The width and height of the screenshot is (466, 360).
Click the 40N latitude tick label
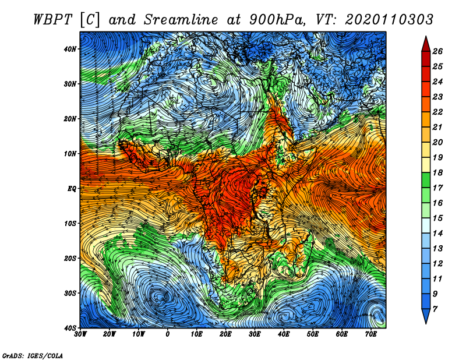pos(70,49)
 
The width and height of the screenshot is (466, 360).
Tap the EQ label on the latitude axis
pos(72,189)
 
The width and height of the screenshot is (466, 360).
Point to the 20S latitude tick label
pos(70,258)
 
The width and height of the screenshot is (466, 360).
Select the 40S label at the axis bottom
pos(70,328)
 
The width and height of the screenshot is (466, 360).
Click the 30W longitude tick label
pos(80,334)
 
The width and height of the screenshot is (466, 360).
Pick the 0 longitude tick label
pos(168,334)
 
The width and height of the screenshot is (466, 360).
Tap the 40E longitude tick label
pos(284,334)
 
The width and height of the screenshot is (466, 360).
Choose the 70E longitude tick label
pos(370,334)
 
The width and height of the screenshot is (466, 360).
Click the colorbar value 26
pos(437,51)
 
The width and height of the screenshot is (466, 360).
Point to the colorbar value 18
pos(437,172)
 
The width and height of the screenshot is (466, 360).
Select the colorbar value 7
pos(435,309)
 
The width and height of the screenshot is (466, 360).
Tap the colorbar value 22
pos(437,112)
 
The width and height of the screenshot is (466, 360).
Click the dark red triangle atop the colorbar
pos(426,45)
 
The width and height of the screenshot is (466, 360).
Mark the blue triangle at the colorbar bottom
pos(426,316)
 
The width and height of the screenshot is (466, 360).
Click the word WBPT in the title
pos(52,20)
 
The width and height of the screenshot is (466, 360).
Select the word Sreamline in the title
pos(181,20)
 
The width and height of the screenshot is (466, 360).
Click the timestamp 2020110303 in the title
pos(389,20)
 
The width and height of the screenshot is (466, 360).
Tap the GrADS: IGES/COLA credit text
pos(33,355)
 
